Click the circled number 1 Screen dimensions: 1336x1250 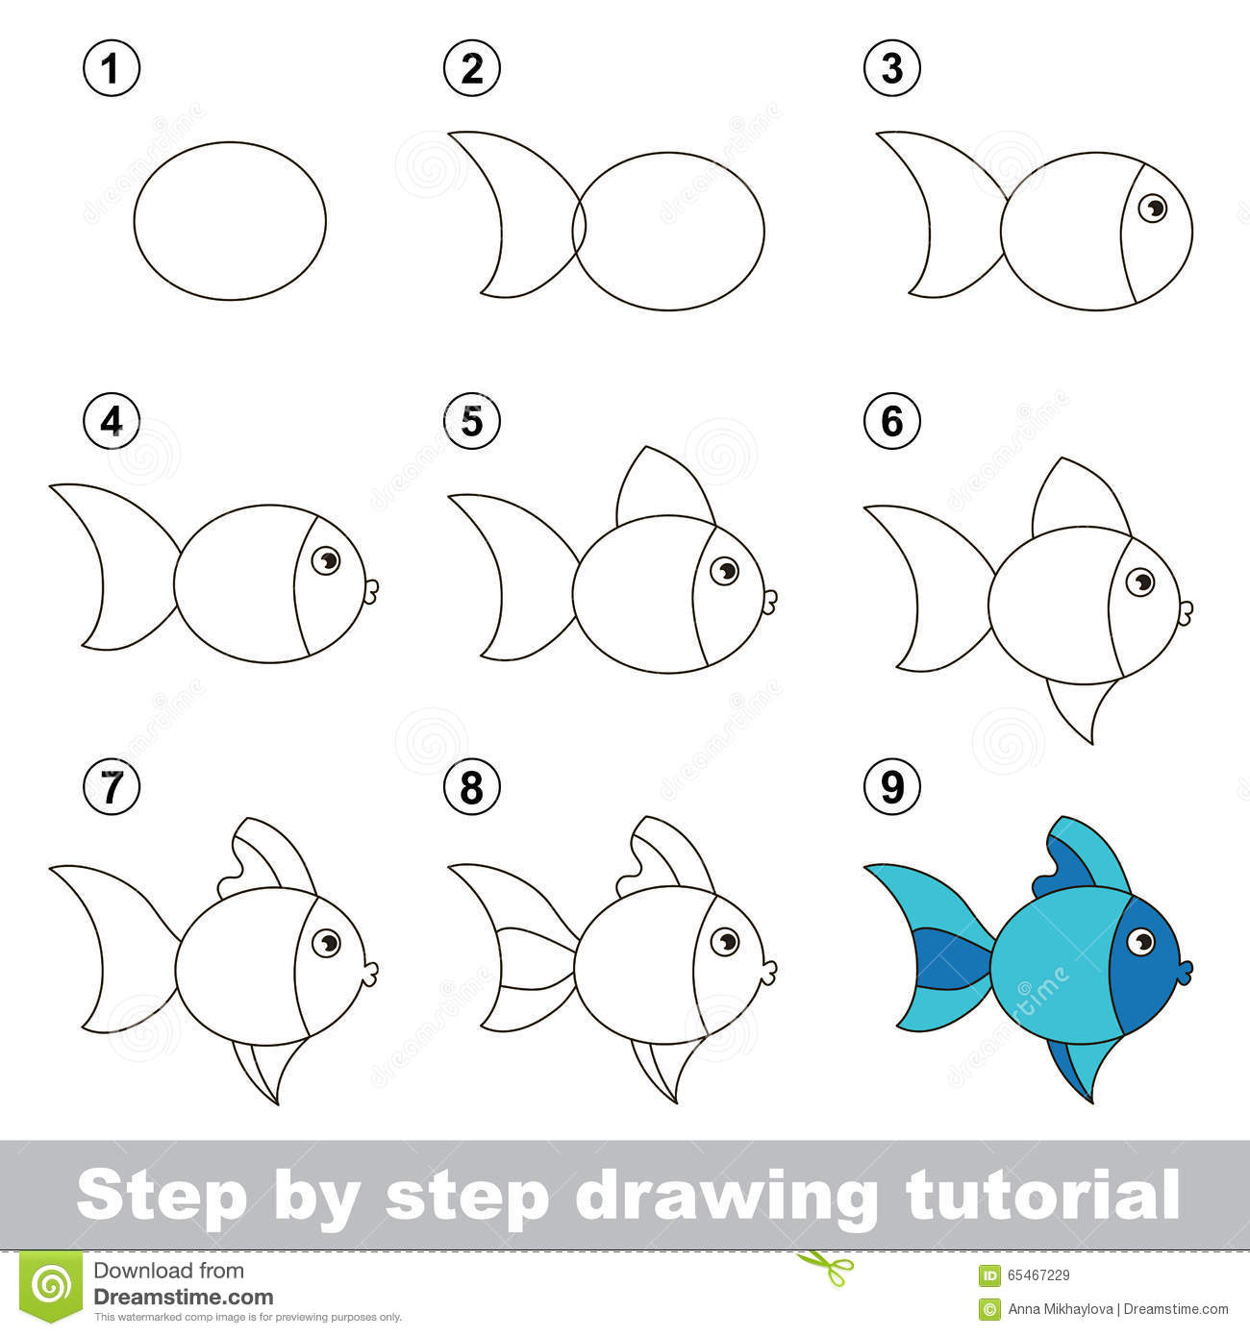(112, 69)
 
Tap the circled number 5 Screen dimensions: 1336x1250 (471, 421)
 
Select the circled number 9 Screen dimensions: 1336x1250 (892, 787)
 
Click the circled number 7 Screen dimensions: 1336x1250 (112, 787)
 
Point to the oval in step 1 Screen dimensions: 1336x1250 (230, 221)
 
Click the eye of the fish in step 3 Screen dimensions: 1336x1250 (1151, 207)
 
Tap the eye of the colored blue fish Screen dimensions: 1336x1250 (1141, 941)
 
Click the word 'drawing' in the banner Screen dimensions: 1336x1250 (726, 1195)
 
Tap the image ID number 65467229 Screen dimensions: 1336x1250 (1038, 1275)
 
